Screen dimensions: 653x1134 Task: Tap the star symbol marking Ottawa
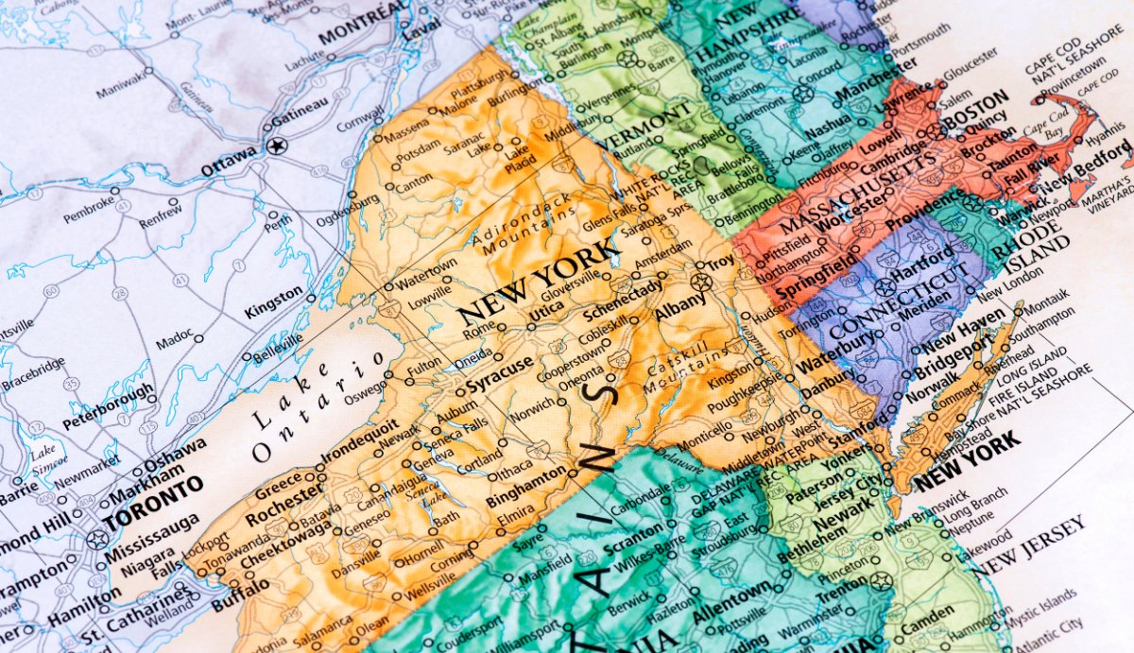point(276,146)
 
